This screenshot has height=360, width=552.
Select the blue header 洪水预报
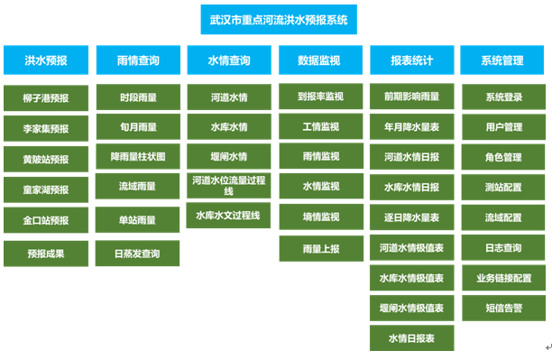(46, 61)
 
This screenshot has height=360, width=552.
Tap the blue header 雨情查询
(138, 61)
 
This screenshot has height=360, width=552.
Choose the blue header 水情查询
(229, 61)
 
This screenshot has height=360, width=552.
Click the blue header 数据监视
(319, 61)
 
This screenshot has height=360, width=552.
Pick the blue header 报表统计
(411, 61)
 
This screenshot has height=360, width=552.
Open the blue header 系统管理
(502, 61)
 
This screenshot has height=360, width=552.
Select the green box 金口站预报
(46, 220)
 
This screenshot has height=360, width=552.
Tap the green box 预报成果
(46, 254)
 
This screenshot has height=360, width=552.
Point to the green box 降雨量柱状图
(138, 156)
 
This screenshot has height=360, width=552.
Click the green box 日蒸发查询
(138, 254)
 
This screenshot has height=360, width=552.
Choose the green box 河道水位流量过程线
(229, 186)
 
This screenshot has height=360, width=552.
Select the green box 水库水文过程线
(229, 217)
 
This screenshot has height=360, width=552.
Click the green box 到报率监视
(319, 96)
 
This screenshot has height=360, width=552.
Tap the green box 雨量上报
(319, 247)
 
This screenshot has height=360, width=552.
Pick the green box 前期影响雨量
(411, 96)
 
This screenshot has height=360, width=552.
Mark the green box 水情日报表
(411, 338)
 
